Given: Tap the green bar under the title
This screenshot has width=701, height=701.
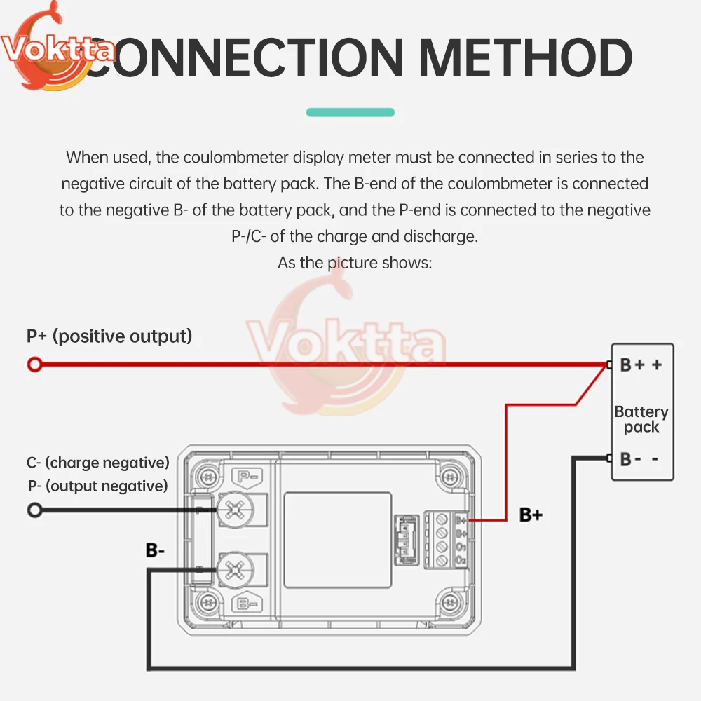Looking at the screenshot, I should (350, 112).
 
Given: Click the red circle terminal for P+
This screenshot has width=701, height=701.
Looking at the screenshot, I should (34, 364).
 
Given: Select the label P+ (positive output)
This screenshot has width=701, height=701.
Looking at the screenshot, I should (109, 336).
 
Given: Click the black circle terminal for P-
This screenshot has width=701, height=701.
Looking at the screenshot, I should (34, 510).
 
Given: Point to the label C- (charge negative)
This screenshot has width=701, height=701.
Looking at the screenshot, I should (98, 463).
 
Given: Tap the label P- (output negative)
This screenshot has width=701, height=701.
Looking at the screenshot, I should (98, 486).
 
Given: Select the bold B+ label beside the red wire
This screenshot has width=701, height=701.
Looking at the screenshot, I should (531, 515).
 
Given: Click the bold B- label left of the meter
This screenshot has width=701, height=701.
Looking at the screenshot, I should (155, 550).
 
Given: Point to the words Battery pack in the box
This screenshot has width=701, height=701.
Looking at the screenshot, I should (641, 419).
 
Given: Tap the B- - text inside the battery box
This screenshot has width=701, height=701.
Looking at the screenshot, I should (639, 459).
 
